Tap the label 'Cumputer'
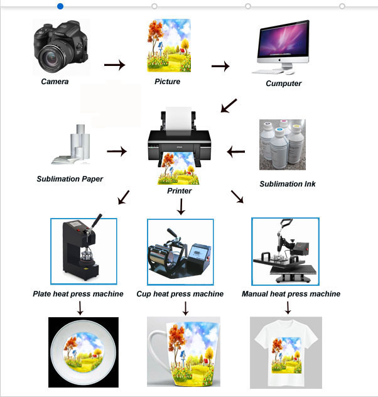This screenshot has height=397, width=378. click(283, 83)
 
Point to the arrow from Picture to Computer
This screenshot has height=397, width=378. click(220, 65)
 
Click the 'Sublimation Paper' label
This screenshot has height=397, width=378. click(70, 179)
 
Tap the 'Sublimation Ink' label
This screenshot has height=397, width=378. click(288, 184)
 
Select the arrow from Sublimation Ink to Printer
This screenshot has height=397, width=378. click(236, 151)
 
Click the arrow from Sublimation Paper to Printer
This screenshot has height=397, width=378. click(117, 151)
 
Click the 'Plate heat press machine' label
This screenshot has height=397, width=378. click(82, 294)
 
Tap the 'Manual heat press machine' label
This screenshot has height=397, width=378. click(291, 294)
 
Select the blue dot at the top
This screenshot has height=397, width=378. click(60, 6)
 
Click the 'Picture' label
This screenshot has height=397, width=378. click(167, 82)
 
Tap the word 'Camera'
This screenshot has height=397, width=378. click(55, 82)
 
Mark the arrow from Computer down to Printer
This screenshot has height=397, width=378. click(229, 106)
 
